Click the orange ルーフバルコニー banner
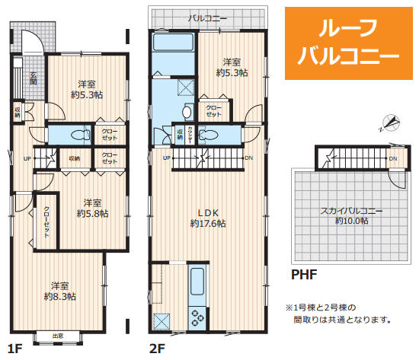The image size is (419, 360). pos(347,43)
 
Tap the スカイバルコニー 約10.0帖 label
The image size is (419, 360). pos(352,215)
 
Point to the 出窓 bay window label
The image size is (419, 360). pos(58,335)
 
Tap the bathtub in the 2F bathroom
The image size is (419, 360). pos(174,42)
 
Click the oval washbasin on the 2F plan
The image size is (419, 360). pos(187,113)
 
